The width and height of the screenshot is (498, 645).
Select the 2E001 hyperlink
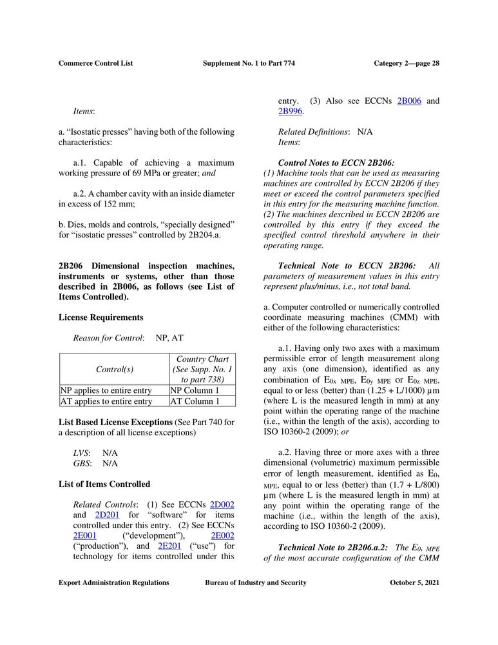coord(85,535)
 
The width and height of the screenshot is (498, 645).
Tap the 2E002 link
coord(222,535)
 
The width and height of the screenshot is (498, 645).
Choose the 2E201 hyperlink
coord(168,546)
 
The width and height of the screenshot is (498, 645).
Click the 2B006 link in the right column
coord(409,101)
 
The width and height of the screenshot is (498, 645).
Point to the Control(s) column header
coord(114,370)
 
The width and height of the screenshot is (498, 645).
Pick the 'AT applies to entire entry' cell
coord(106,401)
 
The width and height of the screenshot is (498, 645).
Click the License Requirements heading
coord(101,317)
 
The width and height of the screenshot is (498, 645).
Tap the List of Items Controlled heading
coord(104,484)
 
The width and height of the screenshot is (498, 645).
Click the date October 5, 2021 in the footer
coord(415,583)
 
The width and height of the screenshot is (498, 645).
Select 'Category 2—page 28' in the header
coord(407,63)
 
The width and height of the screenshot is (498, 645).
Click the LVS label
coord(81,453)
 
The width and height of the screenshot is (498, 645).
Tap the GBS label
coord(81,463)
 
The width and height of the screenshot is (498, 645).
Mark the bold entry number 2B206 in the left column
coord(72,266)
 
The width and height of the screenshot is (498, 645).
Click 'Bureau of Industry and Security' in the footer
coord(256,583)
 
